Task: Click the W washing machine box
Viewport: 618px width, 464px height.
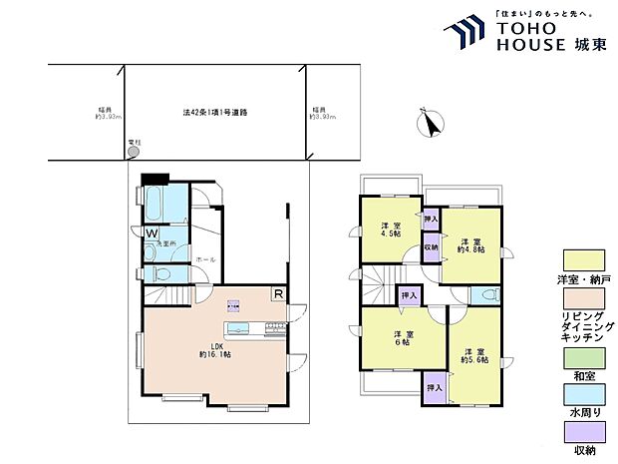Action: pyautogui.click(x=151, y=233)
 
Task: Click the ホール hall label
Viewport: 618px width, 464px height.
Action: pyautogui.click(x=205, y=258)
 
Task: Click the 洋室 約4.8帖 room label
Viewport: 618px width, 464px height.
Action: pyautogui.click(x=471, y=245)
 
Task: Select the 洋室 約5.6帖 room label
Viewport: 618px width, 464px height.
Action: pyautogui.click(x=474, y=354)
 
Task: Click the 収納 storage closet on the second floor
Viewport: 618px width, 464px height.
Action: pyautogui.click(x=430, y=246)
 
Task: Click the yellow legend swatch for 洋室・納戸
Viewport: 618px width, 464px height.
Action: pyautogui.click(x=578, y=260)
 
